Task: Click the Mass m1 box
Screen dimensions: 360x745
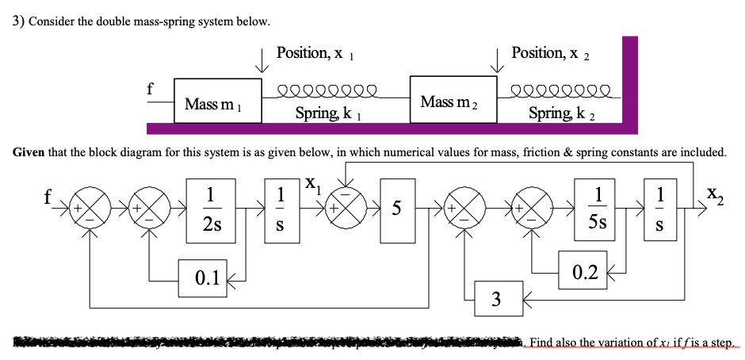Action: point(217,100)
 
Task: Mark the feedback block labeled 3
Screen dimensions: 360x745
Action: point(496,299)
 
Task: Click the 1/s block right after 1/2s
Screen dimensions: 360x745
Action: point(277,209)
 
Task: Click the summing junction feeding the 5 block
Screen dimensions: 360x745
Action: point(346,210)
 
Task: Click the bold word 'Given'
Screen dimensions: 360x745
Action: point(30,151)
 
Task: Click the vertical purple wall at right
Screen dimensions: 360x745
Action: point(629,79)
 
